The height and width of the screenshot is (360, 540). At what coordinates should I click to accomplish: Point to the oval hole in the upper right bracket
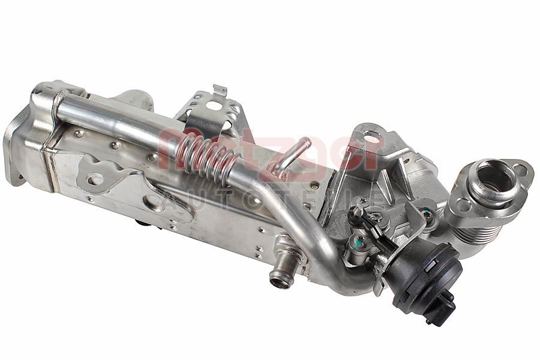(x=372, y=139)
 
